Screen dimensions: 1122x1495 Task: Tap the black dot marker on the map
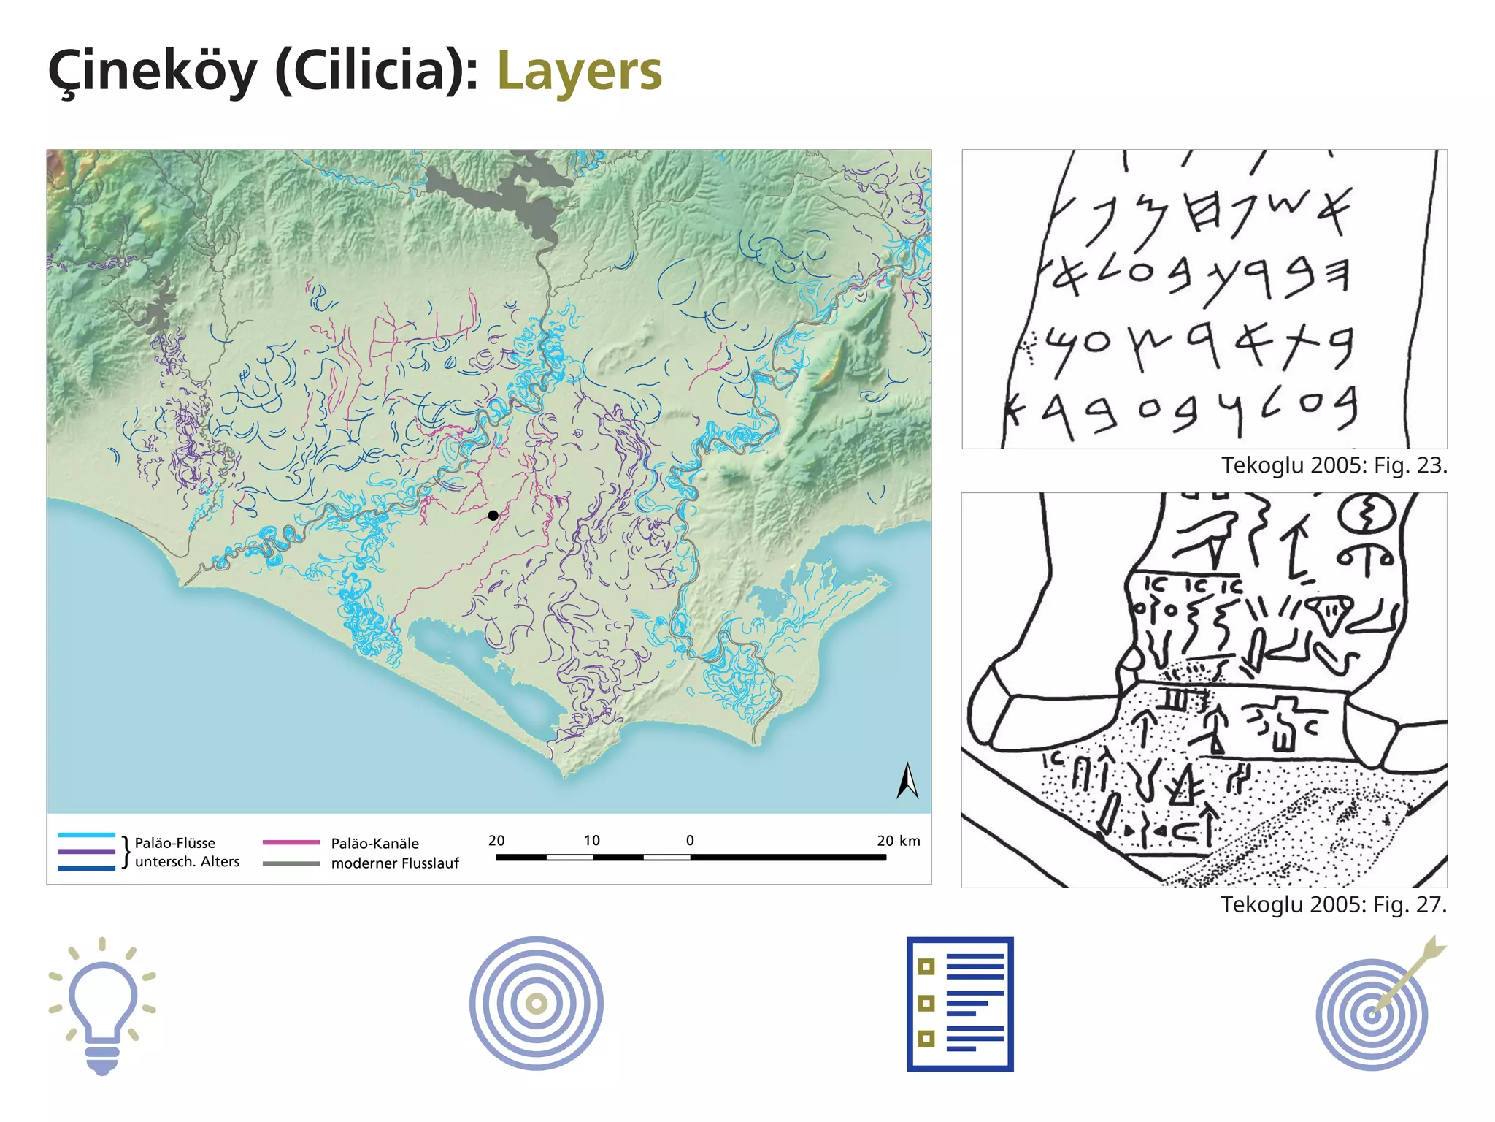493,516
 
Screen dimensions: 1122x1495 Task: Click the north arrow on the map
907,781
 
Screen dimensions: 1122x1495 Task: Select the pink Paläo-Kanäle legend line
291,842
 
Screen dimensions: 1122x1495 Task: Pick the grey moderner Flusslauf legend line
291,863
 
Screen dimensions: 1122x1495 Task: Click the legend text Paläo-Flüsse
175,843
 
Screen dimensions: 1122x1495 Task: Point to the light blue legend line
86,835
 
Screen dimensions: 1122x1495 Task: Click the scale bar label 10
592,840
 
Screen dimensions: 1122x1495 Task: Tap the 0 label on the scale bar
690,840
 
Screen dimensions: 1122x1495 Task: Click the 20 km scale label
898,840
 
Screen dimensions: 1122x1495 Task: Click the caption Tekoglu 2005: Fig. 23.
1334,465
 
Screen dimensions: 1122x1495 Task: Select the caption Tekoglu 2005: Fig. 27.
1333,904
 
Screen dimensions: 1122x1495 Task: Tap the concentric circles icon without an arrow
537,1004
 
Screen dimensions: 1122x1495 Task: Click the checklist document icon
960,1004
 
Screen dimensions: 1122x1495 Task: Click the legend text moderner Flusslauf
395,863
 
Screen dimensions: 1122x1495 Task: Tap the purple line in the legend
86,852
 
